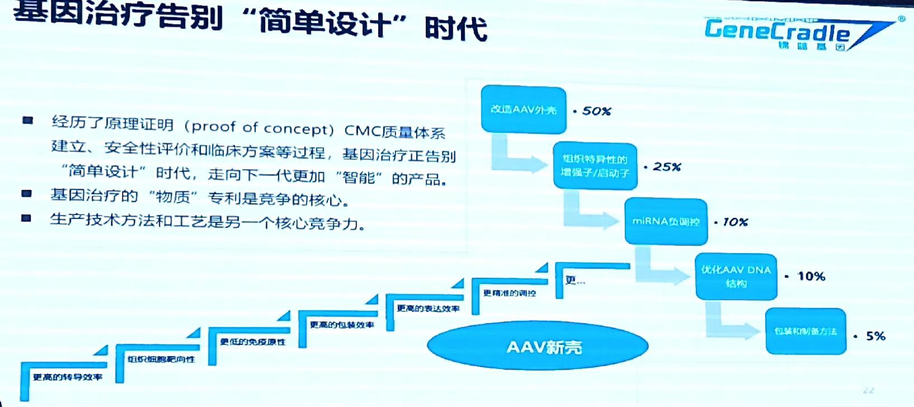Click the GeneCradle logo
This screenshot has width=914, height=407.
(x=794, y=32)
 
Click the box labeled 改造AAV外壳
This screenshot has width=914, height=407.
(x=524, y=109)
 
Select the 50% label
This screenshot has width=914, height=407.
(x=596, y=111)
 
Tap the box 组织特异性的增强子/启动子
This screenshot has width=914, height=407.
(x=595, y=166)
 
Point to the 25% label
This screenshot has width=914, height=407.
(x=666, y=167)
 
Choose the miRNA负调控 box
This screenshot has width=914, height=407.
(x=666, y=222)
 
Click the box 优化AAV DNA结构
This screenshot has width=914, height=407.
(x=736, y=277)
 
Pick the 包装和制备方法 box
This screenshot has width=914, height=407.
(x=805, y=331)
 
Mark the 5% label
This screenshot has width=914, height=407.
(x=875, y=336)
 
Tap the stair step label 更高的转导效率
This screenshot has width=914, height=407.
(x=67, y=377)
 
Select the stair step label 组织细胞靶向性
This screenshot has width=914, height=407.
(x=161, y=359)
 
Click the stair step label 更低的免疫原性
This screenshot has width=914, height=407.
(x=252, y=341)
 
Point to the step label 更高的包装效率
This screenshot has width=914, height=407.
(x=342, y=325)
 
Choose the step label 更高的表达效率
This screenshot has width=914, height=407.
(x=428, y=308)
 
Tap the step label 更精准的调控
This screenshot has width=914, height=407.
(x=509, y=293)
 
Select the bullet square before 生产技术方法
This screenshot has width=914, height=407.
(x=26, y=218)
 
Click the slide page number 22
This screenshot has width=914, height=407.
(x=868, y=390)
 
